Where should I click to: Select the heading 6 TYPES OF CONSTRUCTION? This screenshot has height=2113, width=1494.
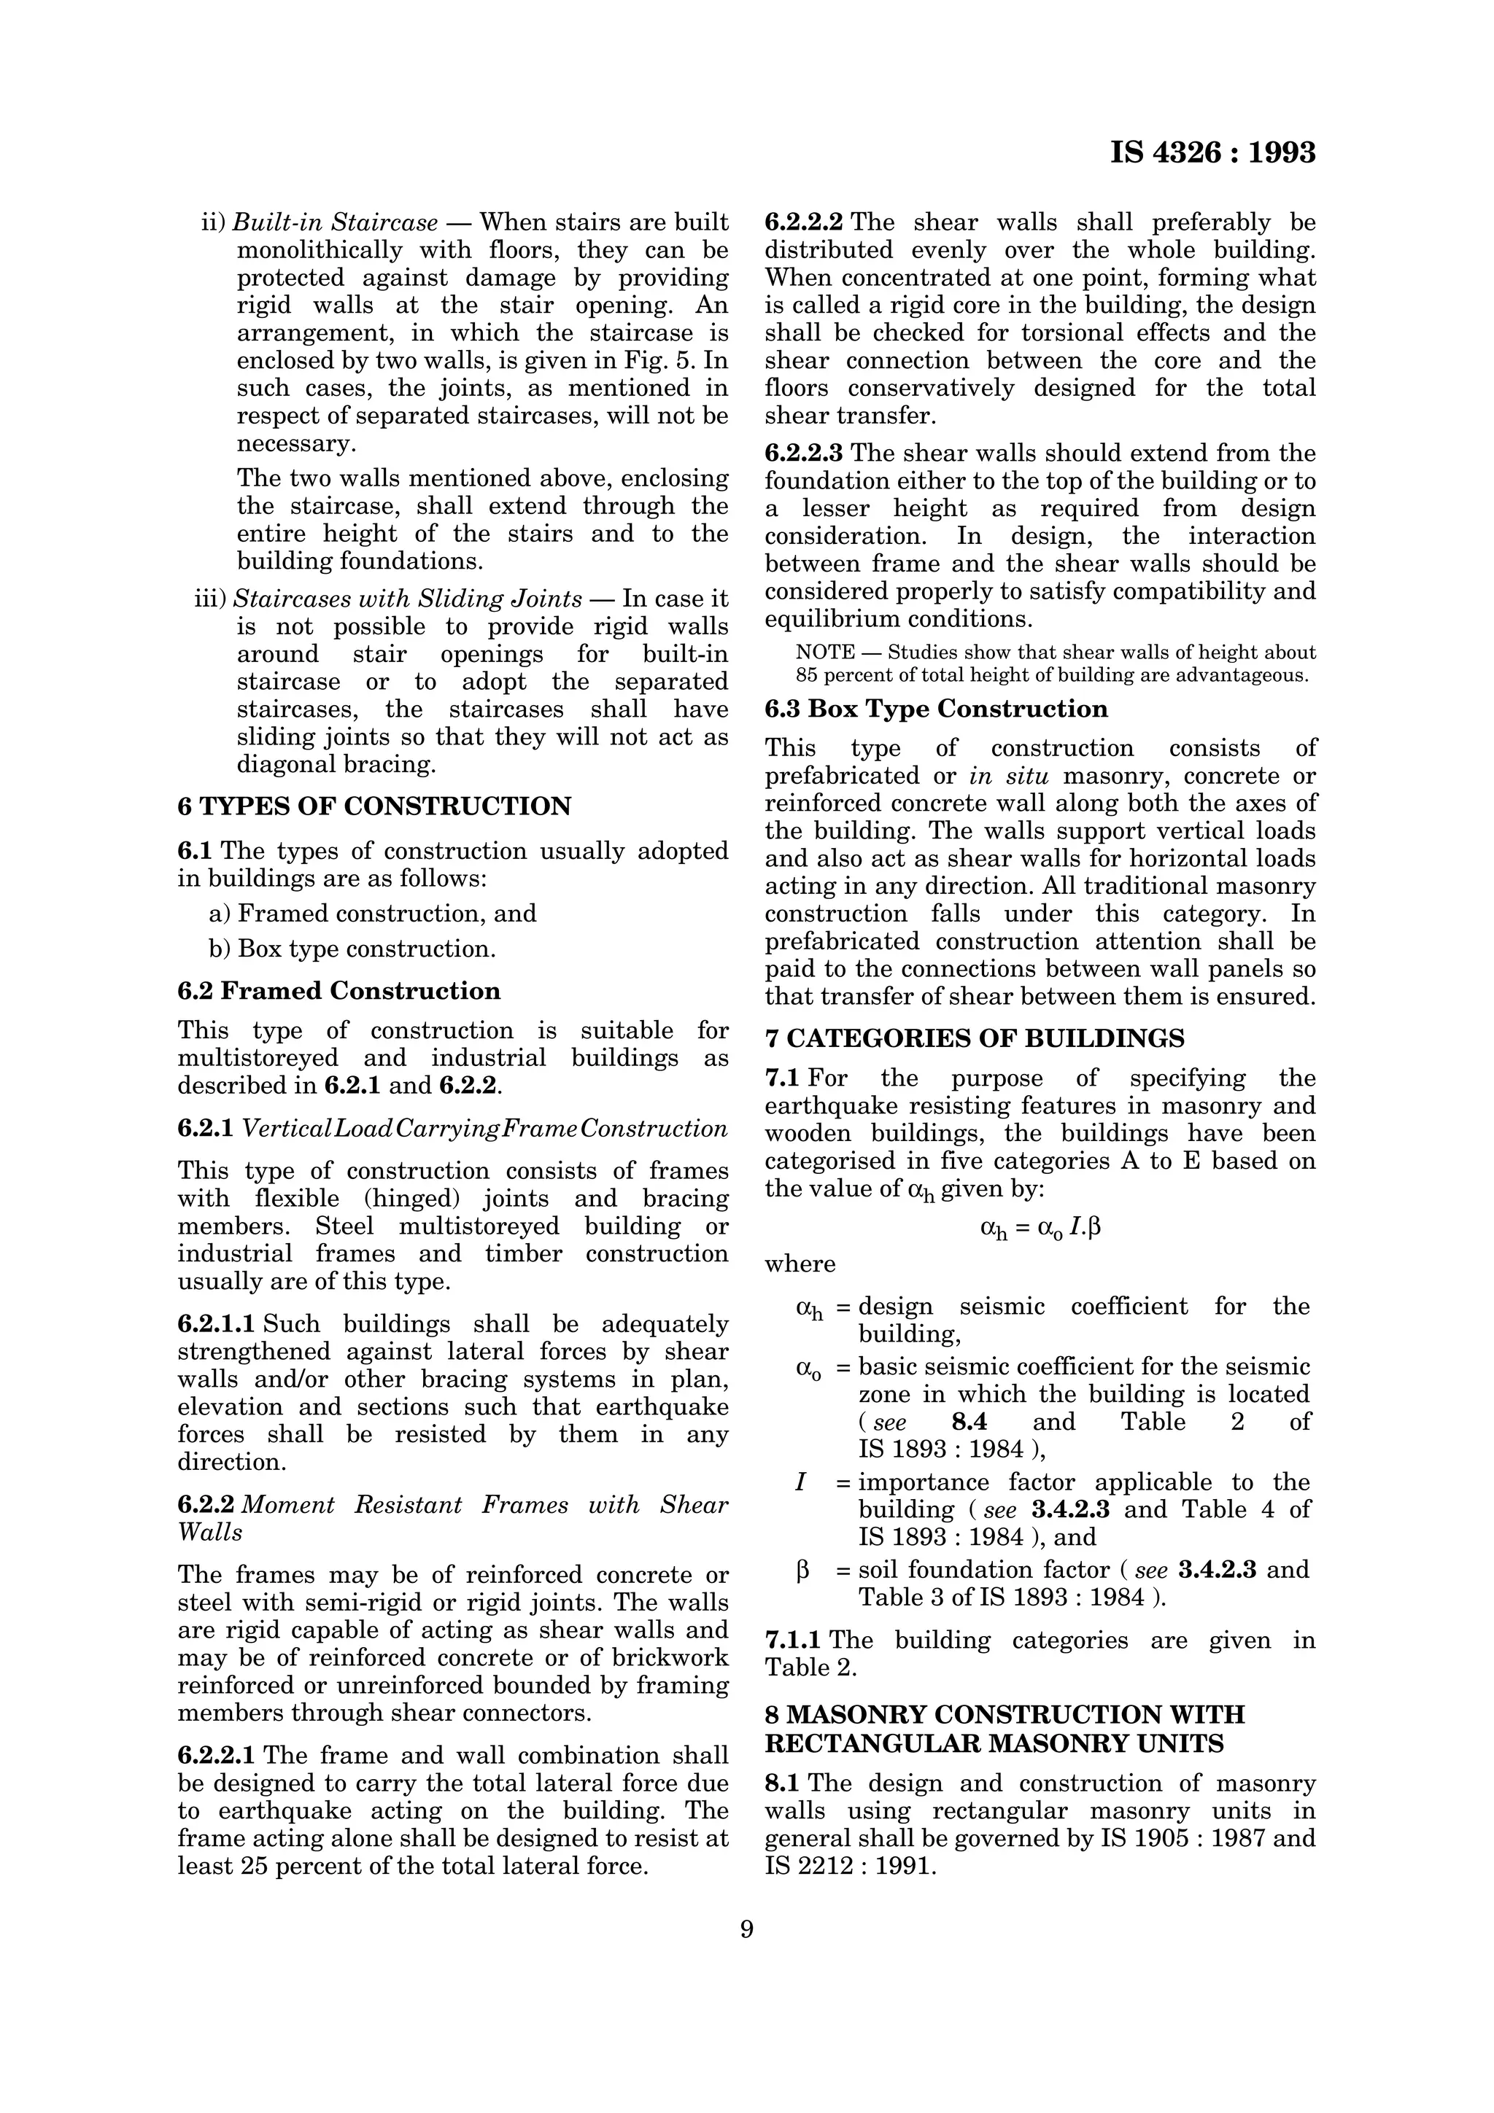click(373, 806)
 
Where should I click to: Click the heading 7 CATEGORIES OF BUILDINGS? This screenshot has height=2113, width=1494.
click(974, 1038)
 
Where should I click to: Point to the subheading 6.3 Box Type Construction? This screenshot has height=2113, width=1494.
click(936, 709)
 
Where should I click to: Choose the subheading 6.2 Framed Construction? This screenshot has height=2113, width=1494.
click(338, 990)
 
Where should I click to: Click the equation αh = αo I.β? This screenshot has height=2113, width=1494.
click(1040, 1228)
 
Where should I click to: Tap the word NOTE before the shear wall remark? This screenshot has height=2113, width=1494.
click(824, 653)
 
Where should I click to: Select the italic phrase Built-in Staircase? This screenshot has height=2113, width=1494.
click(335, 222)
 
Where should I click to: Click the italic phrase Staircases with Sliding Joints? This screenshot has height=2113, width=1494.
click(407, 599)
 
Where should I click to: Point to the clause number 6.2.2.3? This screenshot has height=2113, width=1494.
click(804, 454)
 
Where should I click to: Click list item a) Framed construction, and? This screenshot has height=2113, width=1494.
click(373, 913)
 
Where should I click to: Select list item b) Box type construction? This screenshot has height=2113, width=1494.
click(352, 949)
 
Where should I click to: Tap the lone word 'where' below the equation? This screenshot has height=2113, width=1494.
click(800, 1264)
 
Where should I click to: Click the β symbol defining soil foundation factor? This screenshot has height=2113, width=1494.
click(802, 1570)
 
